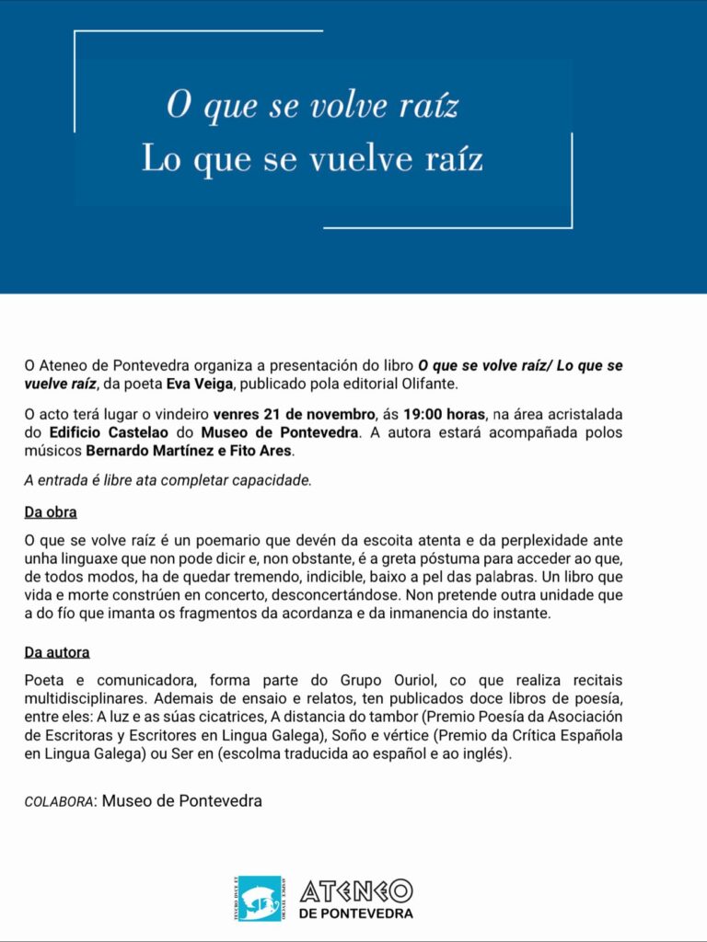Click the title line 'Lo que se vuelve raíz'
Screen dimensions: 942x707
[312, 159]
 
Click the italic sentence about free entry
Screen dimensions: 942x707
[168, 480]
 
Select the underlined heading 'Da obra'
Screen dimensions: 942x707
[50, 511]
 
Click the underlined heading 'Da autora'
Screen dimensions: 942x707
[57, 652]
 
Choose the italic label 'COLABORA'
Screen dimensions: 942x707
[59, 801]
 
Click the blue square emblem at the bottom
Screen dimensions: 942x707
[261, 898]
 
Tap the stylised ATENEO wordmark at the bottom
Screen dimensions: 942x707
[356, 890]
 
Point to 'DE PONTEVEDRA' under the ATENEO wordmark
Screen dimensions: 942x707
[356, 913]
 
